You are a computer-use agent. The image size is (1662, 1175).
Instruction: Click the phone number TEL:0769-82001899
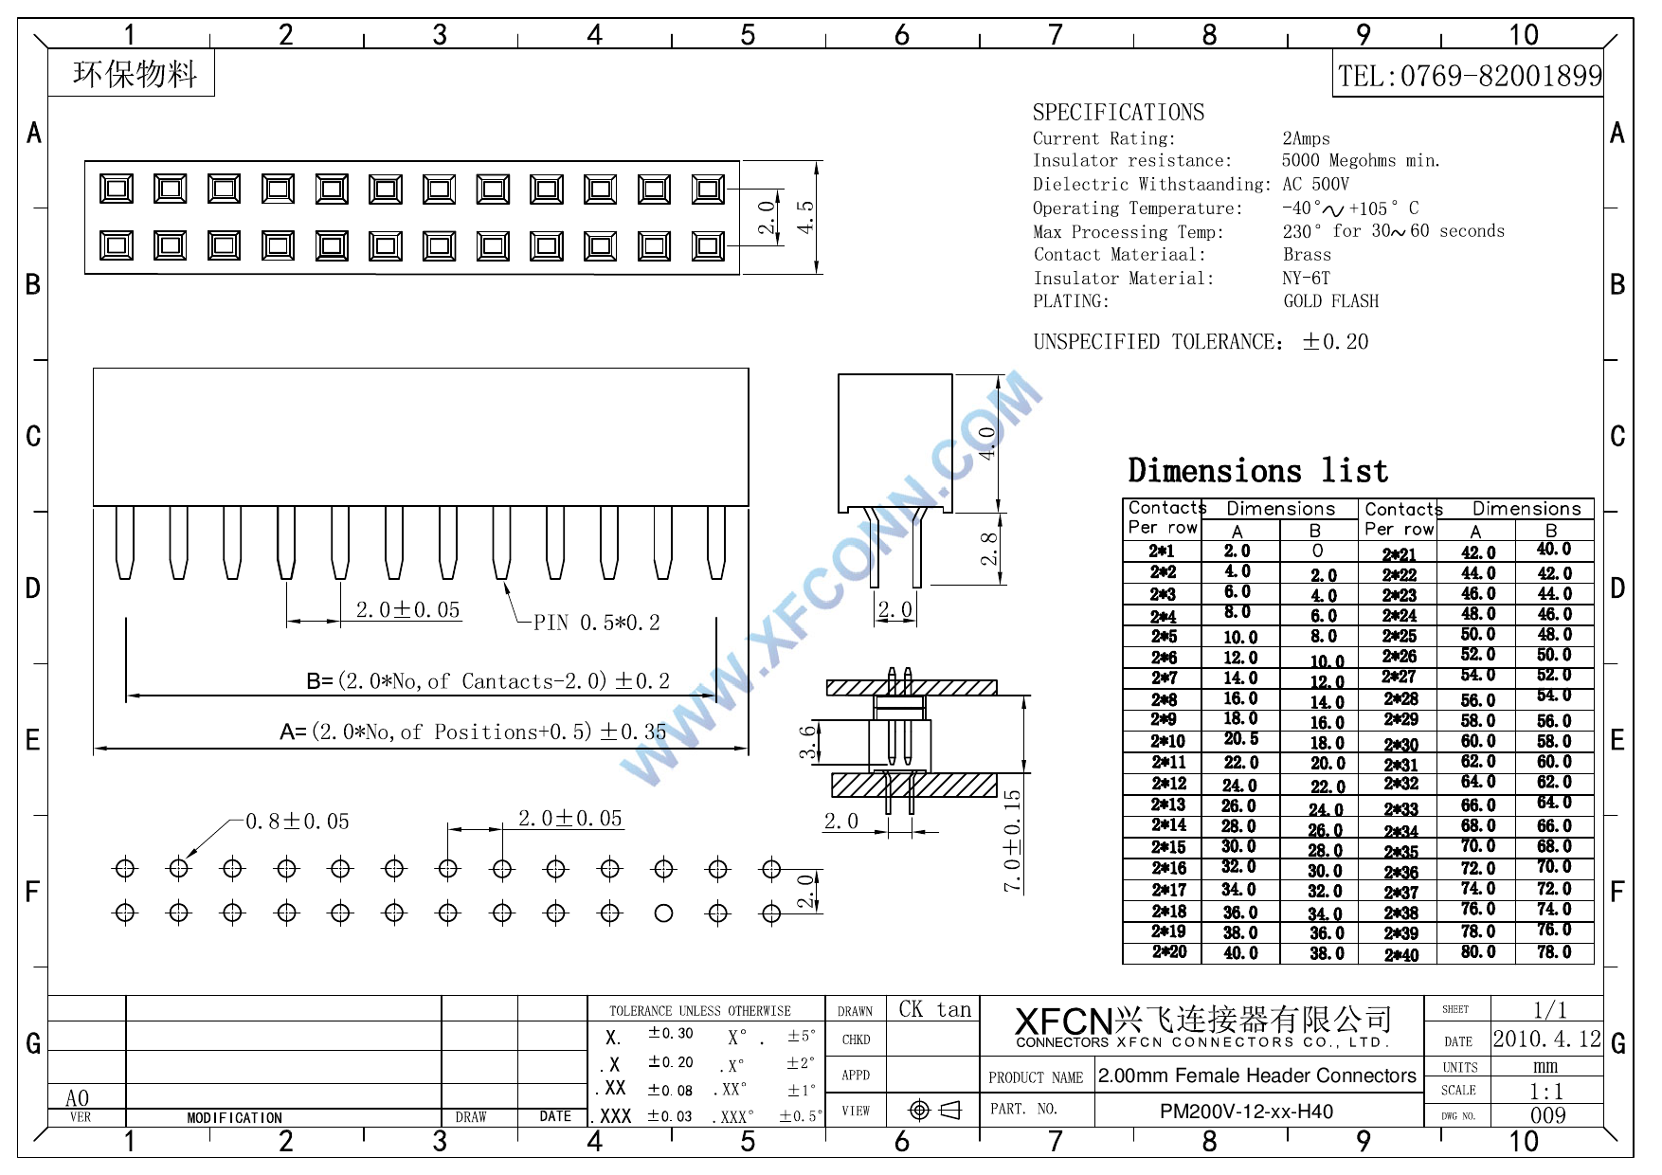[1470, 76]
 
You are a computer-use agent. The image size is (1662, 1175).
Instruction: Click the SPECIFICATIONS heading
[1118, 113]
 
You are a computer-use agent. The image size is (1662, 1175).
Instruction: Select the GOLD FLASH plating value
[1330, 301]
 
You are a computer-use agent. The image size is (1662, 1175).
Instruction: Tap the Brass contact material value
[1307, 255]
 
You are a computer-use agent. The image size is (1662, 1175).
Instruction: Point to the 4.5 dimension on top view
[806, 217]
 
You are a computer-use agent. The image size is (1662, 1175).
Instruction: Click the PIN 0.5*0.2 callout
[596, 623]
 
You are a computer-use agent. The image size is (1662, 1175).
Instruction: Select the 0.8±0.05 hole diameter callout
[298, 822]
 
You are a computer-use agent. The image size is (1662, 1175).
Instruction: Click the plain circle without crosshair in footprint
[664, 913]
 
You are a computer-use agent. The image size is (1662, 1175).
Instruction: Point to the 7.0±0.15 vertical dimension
[1013, 841]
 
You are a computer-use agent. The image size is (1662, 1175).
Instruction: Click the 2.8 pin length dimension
[989, 549]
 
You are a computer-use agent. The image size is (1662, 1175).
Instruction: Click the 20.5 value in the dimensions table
[1240, 739]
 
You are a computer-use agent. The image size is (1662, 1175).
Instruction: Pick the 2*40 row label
[1400, 955]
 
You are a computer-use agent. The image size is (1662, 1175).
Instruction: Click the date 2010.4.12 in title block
[1546, 1039]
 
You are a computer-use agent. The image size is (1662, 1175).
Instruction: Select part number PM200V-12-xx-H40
[1246, 1112]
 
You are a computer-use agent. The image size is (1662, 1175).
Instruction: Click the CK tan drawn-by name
[934, 1010]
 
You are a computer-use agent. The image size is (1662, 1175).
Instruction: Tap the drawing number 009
[1547, 1115]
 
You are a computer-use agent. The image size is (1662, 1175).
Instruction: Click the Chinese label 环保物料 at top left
[135, 74]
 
